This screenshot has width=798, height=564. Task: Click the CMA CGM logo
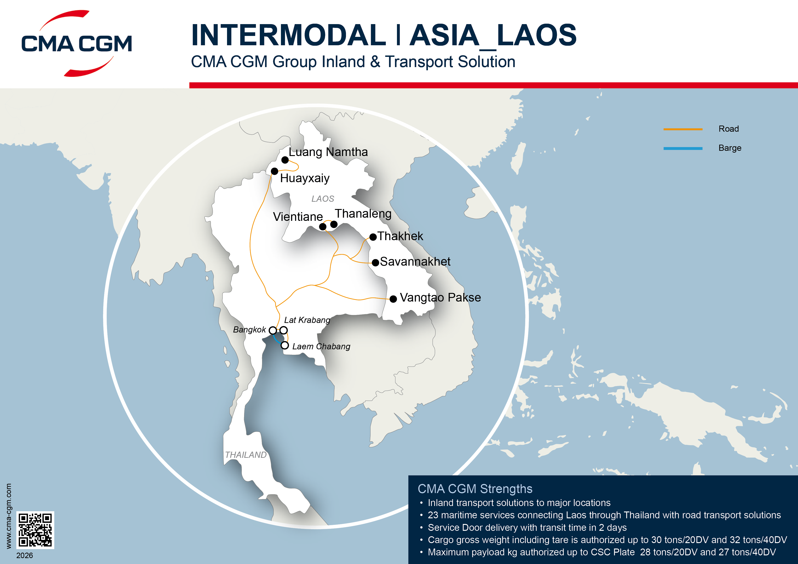point(76,43)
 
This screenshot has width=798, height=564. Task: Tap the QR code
point(35,530)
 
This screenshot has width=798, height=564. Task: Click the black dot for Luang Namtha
point(285,160)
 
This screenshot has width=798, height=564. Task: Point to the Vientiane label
point(298,217)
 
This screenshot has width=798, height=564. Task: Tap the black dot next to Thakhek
point(373,237)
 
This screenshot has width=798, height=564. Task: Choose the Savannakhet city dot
point(375,263)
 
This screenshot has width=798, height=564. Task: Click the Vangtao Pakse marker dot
point(393,299)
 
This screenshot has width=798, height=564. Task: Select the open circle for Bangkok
point(273,330)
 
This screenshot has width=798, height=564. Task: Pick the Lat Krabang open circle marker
point(284,330)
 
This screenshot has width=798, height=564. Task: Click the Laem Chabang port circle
point(285,345)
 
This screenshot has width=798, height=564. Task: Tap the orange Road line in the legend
point(683,129)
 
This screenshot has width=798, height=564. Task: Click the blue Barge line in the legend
point(683,148)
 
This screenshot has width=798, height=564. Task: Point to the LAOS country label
point(323,199)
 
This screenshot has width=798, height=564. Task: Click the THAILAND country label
point(246,455)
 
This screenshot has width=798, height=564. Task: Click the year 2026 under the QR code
point(25,555)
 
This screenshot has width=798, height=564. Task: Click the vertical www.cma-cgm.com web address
point(9,516)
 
